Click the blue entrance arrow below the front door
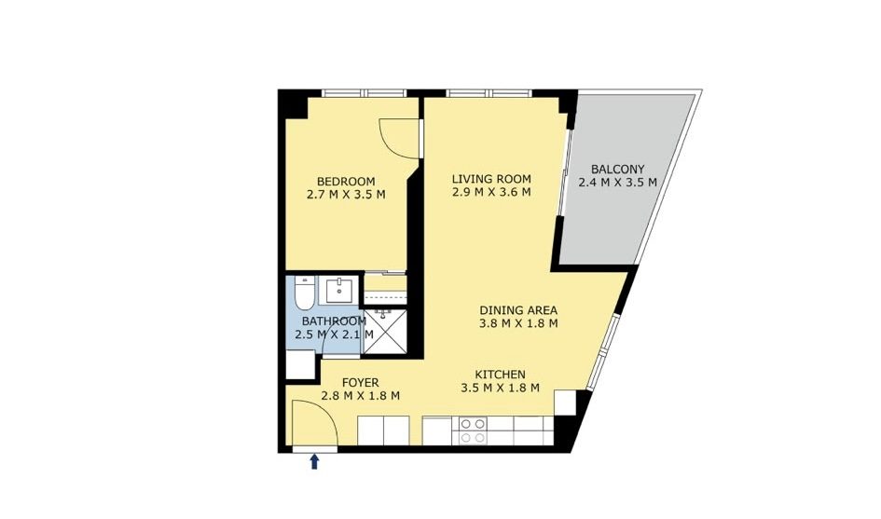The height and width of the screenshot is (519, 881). [315, 462]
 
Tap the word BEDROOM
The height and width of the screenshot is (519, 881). [346, 182]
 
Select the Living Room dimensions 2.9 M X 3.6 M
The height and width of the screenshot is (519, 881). [491, 192]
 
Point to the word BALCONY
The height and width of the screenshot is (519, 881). [617, 169]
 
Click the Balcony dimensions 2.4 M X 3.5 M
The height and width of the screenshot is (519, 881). [617, 182]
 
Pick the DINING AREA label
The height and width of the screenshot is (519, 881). [518, 310]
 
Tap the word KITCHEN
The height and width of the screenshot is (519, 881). [500, 375]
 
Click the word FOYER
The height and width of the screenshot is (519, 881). [360, 383]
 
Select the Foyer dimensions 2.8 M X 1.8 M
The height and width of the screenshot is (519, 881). [360, 395]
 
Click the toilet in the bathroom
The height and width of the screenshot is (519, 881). [303, 294]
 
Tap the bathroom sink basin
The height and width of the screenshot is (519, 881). [338, 291]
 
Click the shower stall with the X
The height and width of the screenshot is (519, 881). [385, 331]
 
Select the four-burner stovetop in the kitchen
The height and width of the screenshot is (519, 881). [473, 430]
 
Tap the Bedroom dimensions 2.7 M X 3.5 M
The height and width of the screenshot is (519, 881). [346, 195]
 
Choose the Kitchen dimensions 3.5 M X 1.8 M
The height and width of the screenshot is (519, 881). [500, 388]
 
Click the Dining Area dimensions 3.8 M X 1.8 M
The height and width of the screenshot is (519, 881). [518, 323]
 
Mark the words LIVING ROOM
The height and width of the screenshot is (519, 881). [491, 179]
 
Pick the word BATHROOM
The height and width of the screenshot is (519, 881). [335, 321]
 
